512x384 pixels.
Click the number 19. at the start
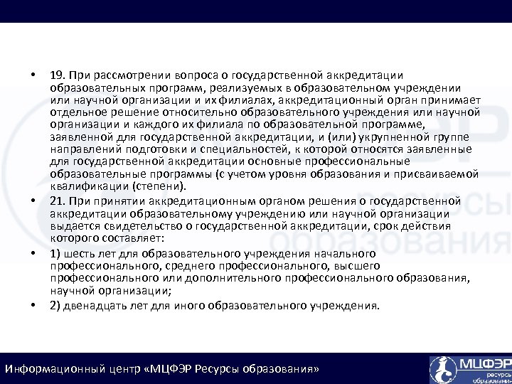(59, 76)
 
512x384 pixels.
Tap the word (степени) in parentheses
(161, 186)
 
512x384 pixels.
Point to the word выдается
(74, 225)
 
